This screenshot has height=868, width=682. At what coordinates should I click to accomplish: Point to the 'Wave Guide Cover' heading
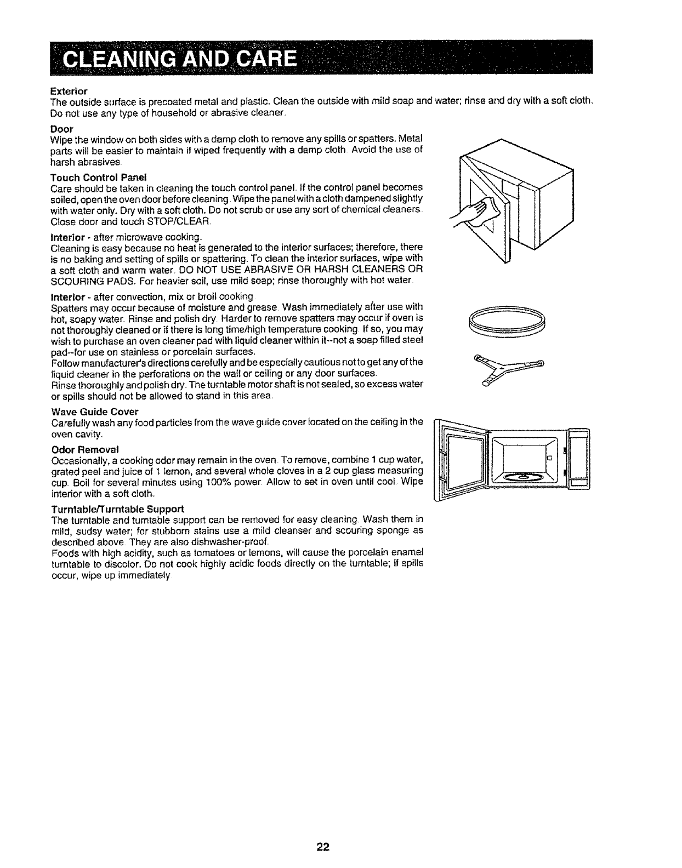94,412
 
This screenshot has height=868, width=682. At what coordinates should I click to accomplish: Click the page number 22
322,848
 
